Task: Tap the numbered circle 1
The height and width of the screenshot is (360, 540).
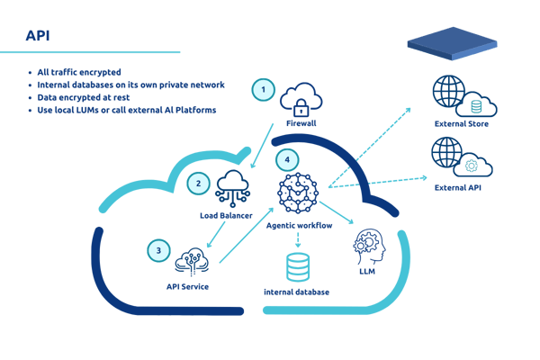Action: tap(263, 89)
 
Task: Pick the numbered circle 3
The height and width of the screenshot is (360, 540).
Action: tap(158, 250)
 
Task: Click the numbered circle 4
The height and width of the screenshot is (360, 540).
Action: tap(286, 160)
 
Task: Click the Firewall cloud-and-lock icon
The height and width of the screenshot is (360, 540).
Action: tap(301, 100)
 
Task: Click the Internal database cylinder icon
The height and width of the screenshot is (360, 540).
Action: tap(297, 267)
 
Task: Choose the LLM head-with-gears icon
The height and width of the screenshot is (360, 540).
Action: tap(369, 246)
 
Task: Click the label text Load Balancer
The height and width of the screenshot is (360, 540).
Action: tap(225, 216)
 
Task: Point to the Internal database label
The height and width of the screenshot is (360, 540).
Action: tap(296, 292)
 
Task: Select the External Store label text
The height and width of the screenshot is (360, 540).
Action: tap(461, 124)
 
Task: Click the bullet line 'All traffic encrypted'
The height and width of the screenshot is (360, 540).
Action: tap(86, 71)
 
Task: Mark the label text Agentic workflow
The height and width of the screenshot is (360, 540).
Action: tap(299, 225)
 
